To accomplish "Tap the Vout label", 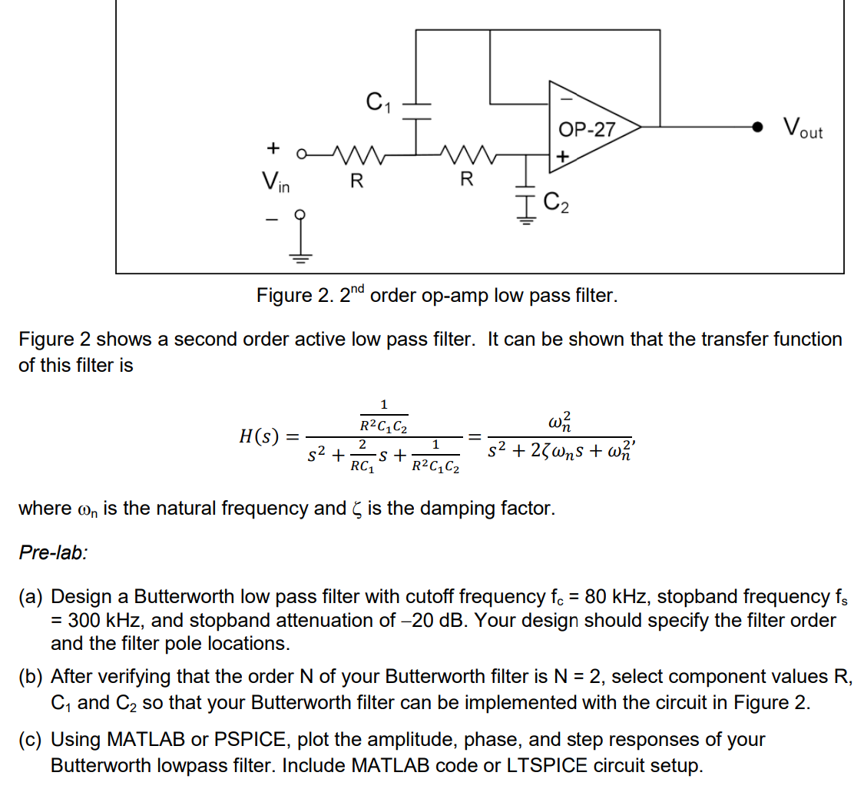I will point(803,128).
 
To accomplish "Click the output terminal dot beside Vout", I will point(758,128).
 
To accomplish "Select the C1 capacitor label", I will point(376,100).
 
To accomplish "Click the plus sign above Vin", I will point(271,146).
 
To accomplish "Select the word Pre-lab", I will point(53,552).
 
